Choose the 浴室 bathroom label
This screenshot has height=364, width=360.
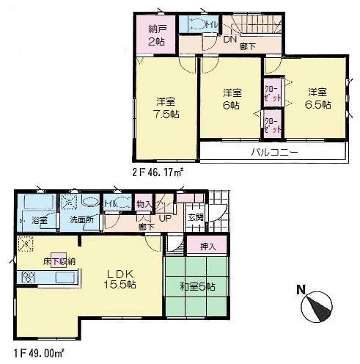pyautogui.click(x=39, y=220)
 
